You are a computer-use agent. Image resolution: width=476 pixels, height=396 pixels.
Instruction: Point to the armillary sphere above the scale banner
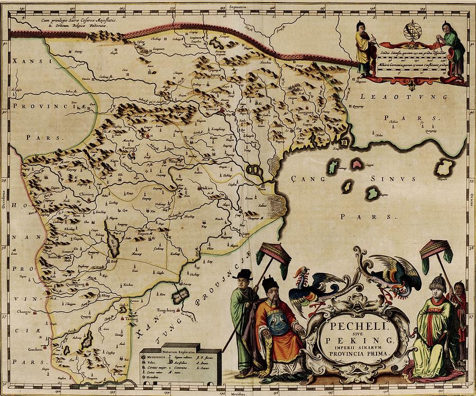411,31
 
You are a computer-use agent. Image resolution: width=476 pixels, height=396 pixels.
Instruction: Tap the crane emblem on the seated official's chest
277,323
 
